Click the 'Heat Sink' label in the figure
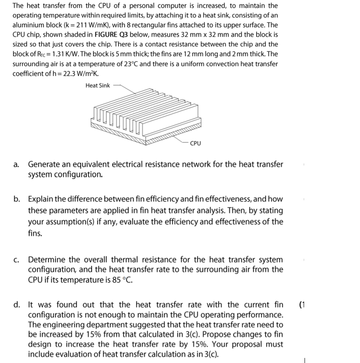tap(97, 86)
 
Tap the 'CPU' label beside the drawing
tap(195, 144)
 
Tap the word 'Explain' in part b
tap(41, 199)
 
